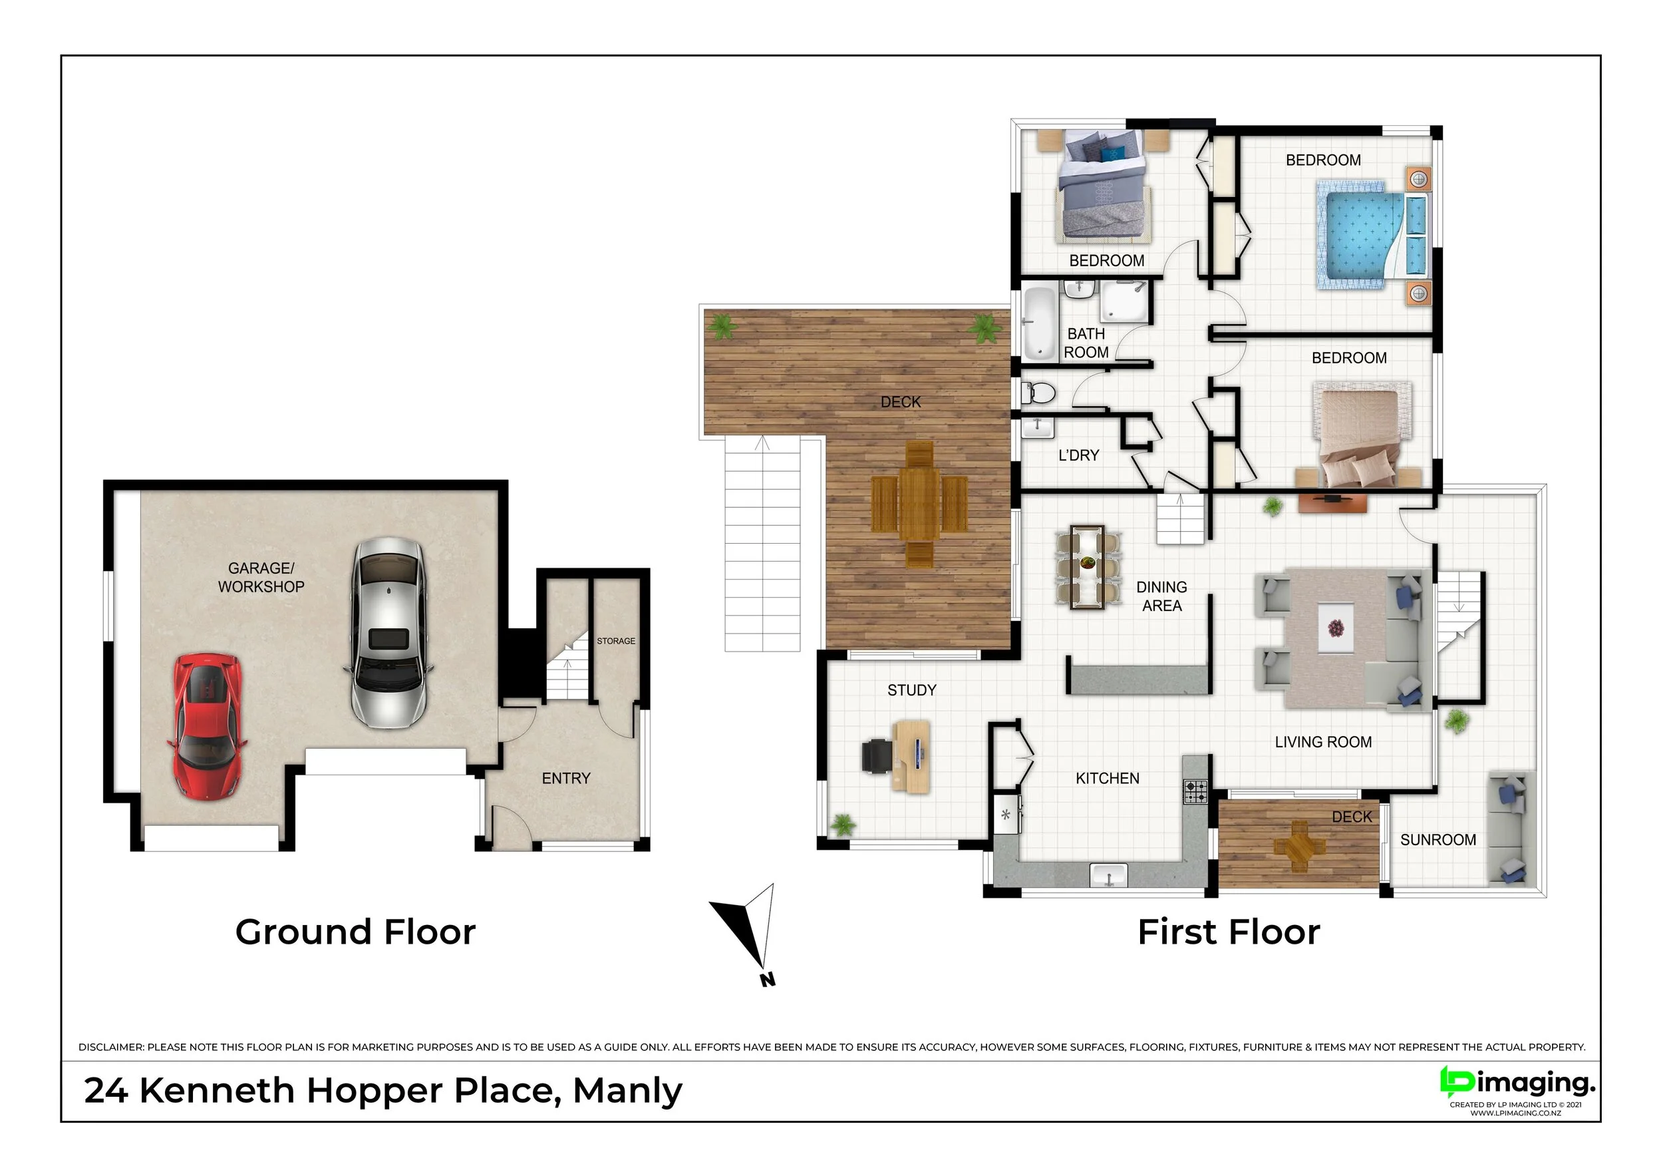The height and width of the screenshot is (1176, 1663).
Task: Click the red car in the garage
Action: (207, 727)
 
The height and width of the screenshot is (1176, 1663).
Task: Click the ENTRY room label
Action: (565, 778)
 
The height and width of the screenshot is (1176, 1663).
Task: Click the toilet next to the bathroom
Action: (1038, 393)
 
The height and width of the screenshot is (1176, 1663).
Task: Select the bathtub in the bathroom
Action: (1040, 323)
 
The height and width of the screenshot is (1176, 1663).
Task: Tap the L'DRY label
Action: (1078, 455)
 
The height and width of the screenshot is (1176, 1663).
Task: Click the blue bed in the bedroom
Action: (1372, 236)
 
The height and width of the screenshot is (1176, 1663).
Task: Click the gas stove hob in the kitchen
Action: (1196, 791)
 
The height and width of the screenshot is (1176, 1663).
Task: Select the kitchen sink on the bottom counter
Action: (1109, 876)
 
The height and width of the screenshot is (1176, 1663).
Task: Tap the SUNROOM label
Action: (1437, 840)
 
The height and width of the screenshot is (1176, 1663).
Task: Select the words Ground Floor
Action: (356, 932)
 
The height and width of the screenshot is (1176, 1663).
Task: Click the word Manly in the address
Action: (627, 1091)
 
